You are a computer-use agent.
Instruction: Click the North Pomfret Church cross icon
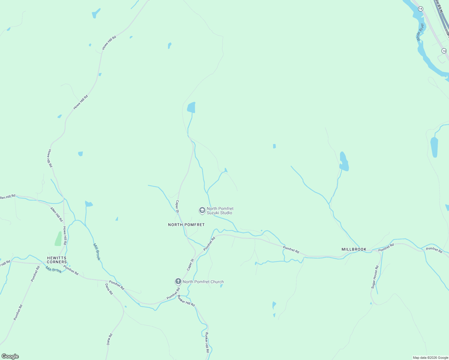pyautogui.click(x=178, y=281)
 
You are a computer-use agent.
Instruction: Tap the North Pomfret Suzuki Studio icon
pyautogui.click(x=202, y=210)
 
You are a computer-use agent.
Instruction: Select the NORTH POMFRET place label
pyautogui.click(x=186, y=225)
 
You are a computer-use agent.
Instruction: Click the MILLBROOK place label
pyautogui.click(x=354, y=249)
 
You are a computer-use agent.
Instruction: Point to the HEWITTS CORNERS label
pyautogui.click(x=57, y=260)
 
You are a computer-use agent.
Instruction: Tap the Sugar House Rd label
pyautogui.click(x=375, y=277)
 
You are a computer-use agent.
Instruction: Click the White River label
pyautogui.click(x=420, y=32)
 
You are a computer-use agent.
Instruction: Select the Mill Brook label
pyautogui.click(x=97, y=252)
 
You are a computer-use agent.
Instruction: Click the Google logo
pyautogui.click(x=10, y=356)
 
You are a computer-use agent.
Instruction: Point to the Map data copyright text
pyautogui.click(x=430, y=358)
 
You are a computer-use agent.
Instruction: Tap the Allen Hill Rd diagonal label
pyautogui.click(x=56, y=214)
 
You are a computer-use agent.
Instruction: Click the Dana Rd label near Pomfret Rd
pyautogui.click(x=109, y=289)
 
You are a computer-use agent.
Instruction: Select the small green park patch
pyautogui.click(x=59, y=239)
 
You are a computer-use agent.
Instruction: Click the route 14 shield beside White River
pyautogui.click(x=420, y=9)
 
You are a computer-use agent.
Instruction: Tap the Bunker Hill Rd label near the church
pyautogui.click(x=186, y=301)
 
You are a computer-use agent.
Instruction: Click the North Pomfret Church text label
pyautogui.click(x=203, y=282)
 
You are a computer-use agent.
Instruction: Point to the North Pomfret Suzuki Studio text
pyautogui.click(x=220, y=211)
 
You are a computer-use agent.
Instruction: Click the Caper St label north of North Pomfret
pyautogui.click(x=177, y=207)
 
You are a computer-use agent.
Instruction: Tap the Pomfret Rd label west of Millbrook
pyautogui.click(x=291, y=250)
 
